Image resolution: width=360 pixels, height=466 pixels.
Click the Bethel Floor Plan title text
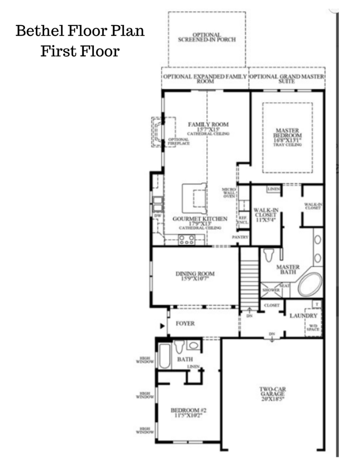[x=80, y=31]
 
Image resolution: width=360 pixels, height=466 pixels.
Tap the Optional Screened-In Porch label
[x=207, y=37]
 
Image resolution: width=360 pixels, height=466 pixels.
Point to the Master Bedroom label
[x=287, y=136]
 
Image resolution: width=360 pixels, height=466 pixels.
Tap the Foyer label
[x=185, y=324]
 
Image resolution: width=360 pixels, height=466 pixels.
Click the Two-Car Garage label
[x=273, y=393]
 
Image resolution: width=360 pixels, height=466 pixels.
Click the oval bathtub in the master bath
[x=309, y=285]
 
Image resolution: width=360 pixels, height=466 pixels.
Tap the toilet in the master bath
[x=269, y=255]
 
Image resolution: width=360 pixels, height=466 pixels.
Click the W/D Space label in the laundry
[x=313, y=327]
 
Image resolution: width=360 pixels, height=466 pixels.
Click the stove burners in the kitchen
[x=187, y=240]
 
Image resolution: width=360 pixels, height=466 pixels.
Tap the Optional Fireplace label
[x=178, y=142]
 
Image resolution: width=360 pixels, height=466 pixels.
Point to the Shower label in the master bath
[x=269, y=290]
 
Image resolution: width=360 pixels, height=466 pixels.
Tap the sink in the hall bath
[x=193, y=345]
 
